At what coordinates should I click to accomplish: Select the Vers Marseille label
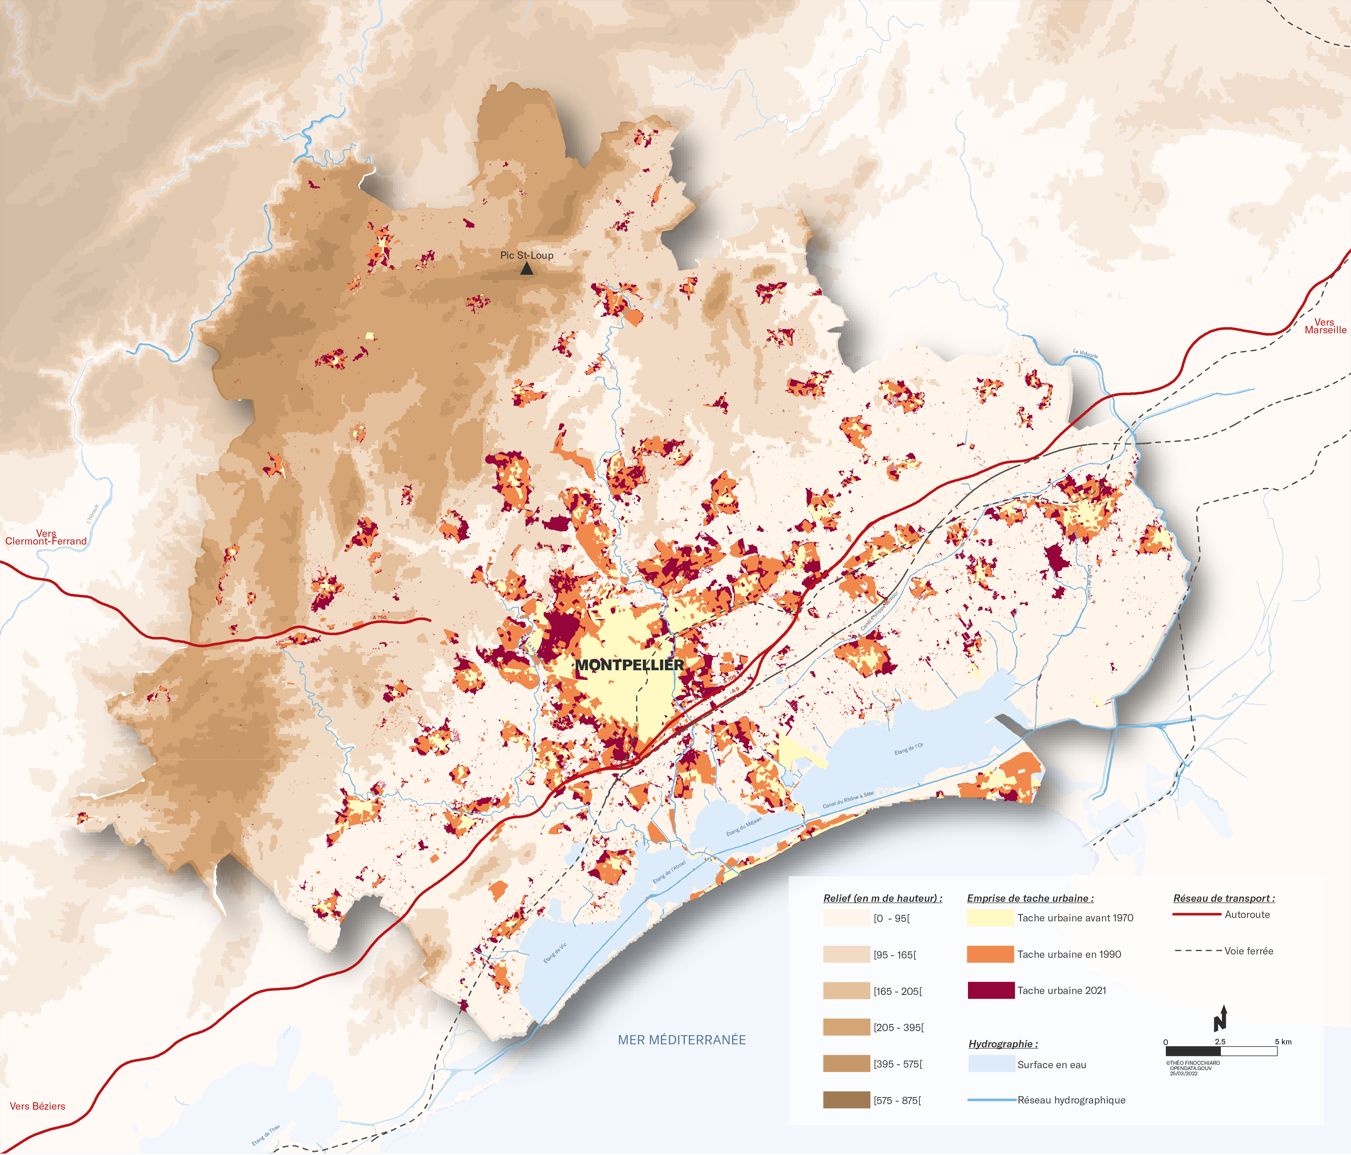[x=1325, y=326]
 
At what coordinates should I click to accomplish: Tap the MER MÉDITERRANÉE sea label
[x=681, y=1040]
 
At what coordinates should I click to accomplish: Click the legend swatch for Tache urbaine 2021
[x=990, y=990]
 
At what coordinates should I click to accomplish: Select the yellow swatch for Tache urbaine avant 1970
[x=990, y=918]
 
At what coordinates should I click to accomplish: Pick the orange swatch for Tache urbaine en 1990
[x=990, y=954]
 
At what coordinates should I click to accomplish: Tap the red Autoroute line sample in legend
[x=1196, y=915]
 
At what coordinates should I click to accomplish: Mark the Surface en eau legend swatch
[x=990, y=1064]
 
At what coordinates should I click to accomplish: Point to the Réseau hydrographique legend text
[x=1071, y=1100]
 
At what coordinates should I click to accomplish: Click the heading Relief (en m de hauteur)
[x=882, y=898]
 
